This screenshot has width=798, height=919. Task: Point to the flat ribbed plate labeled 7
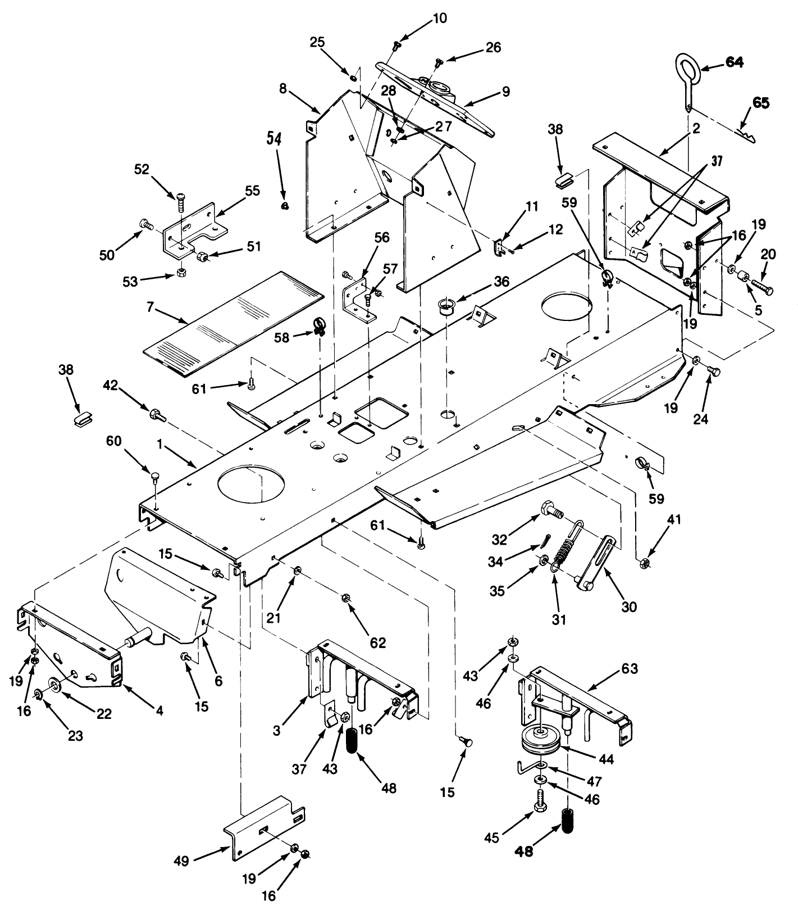[232, 323]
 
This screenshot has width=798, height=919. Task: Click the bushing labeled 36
[448, 308]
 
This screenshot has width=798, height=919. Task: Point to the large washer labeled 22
[56, 684]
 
